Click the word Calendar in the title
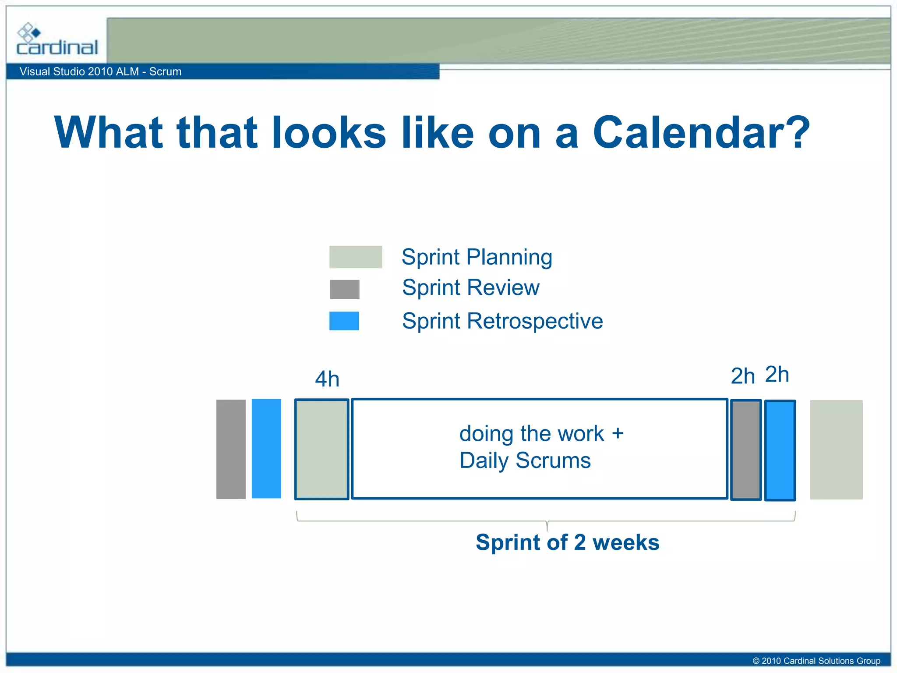pos(701,133)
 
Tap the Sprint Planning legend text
pos(477,257)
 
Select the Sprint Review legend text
pos(470,288)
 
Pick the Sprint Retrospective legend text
pos(502,321)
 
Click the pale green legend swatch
pos(355,257)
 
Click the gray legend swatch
pos(344,290)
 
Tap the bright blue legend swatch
pos(344,321)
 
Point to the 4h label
pos(327,379)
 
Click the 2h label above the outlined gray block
pos(742,376)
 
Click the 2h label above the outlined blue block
pos(777,374)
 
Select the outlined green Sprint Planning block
pos(321,449)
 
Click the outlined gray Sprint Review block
pos(745,450)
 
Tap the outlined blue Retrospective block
pos(780,450)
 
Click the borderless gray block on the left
pos(231,449)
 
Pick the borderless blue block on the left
pos(266,449)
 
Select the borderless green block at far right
pos(836,450)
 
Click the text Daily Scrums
pos(525,461)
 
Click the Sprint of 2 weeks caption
pos(567,542)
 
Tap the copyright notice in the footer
pos(816,661)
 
